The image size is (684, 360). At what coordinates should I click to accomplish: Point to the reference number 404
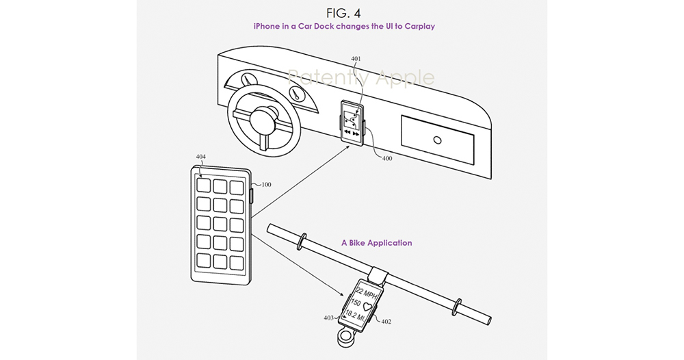[x=200, y=157]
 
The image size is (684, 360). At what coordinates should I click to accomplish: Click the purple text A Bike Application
[x=376, y=243]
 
